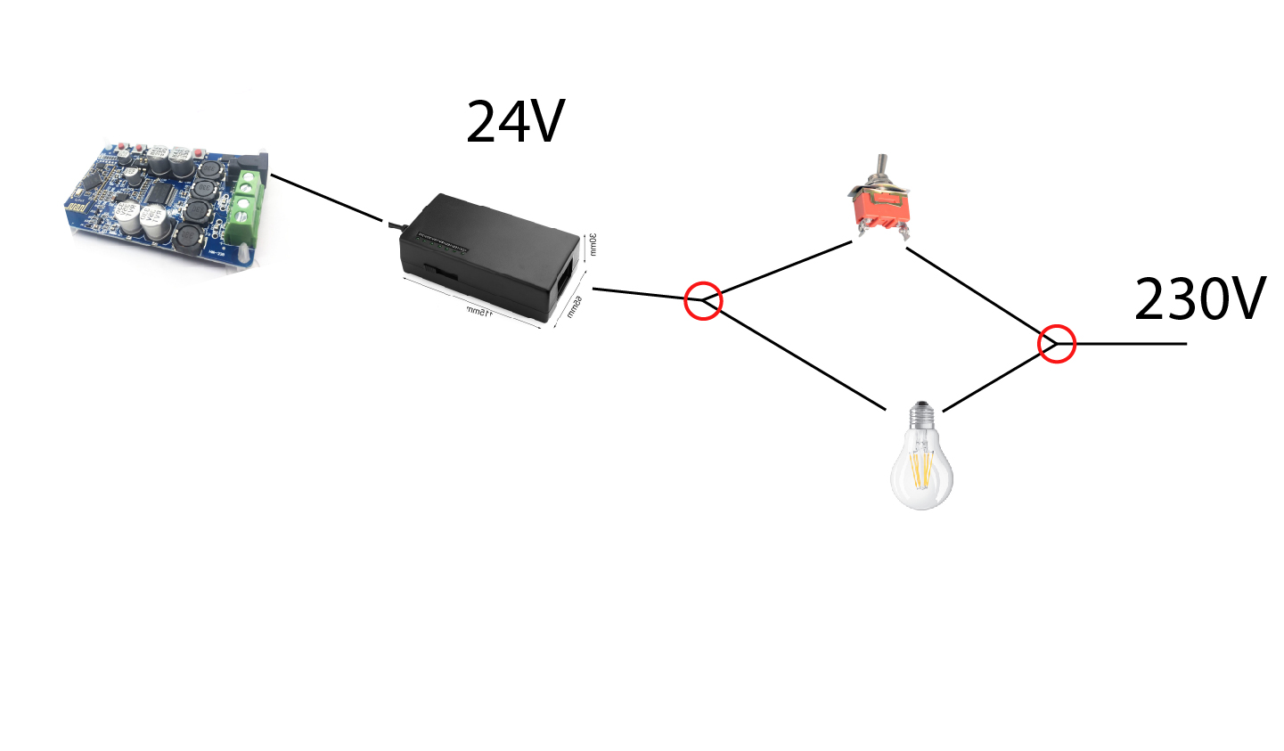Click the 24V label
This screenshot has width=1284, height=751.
click(x=515, y=122)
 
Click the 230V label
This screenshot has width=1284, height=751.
click(x=1198, y=299)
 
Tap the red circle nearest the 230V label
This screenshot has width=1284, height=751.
click(x=1057, y=343)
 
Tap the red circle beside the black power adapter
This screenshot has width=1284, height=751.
click(x=703, y=300)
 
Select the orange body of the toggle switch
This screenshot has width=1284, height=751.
click(x=882, y=210)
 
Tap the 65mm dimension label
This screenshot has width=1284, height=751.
click(x=574, y=307)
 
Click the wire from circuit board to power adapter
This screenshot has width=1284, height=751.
click(x=327, y=199)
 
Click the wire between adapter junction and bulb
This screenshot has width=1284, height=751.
click(x=797, y=357)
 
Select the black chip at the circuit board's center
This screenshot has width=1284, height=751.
click(x=161, y=192)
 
